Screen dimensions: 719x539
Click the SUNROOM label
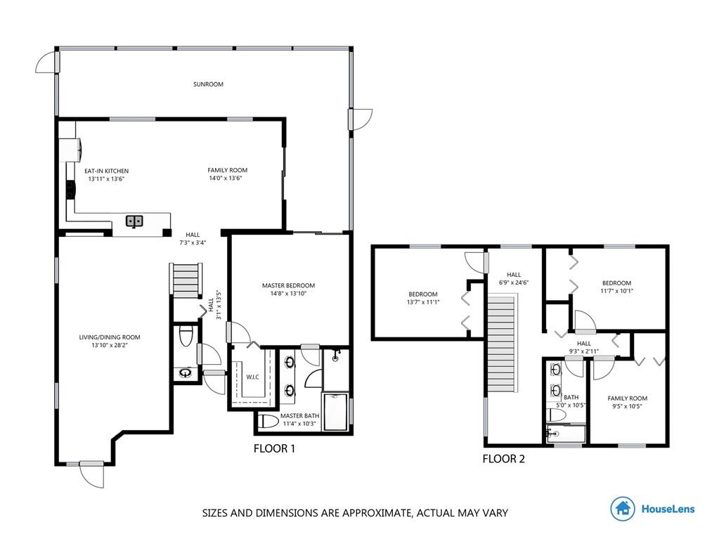[x=208, y=84]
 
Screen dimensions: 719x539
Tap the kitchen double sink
[x=134, y=221]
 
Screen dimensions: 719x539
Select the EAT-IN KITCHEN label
[x=106, y=171]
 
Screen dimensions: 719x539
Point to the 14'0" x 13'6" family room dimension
[x=225, y=178]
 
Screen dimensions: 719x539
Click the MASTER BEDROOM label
[x=288, y=285]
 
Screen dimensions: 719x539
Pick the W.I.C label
[x=252, y=377]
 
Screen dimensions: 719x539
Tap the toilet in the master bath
[x=268, y=421]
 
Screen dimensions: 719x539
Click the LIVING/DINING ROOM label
[x=110, y=337]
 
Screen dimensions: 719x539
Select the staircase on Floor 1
[x=186, y=280]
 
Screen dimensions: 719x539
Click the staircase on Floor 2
[x=502, y=344]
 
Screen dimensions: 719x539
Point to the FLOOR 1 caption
[x=274, y=449]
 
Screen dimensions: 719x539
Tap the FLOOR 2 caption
[x=503, y=459]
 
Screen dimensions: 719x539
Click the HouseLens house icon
[x=623, y=508]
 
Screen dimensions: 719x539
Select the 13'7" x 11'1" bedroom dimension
[x=423, y=302]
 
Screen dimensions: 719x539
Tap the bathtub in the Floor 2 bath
[x=566, y=434]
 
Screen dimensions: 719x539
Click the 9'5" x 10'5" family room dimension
[x=627, y=406]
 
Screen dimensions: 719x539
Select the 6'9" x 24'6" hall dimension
[x=514, y=283]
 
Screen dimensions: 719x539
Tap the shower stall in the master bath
[x=336, y=412]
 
